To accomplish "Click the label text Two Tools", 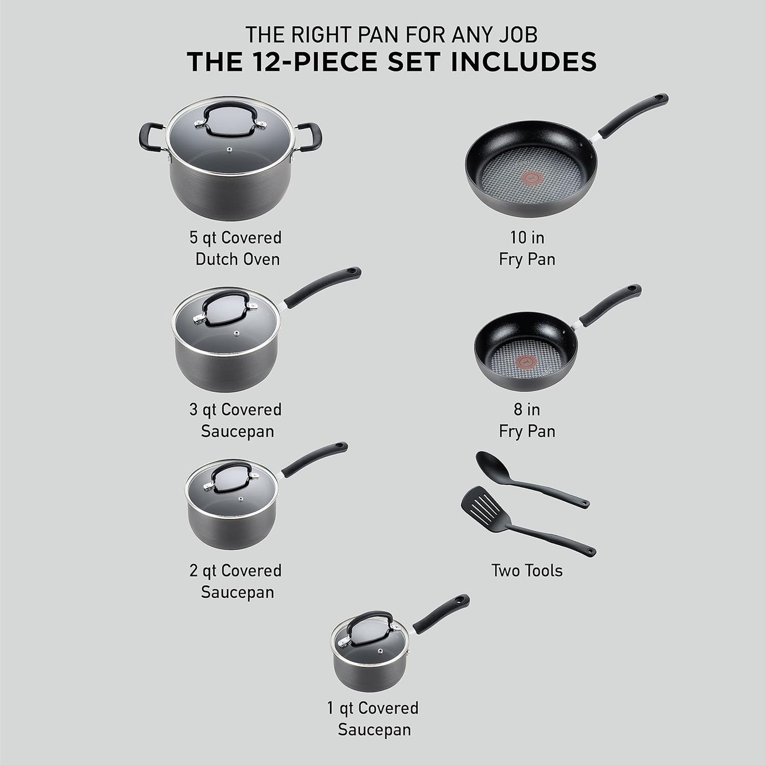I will click(x=526, y=571).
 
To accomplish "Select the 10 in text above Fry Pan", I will click(x=527, y=237).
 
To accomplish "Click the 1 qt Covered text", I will click(x=373, y=708).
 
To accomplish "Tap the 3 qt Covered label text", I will click(x=236, y=409).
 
